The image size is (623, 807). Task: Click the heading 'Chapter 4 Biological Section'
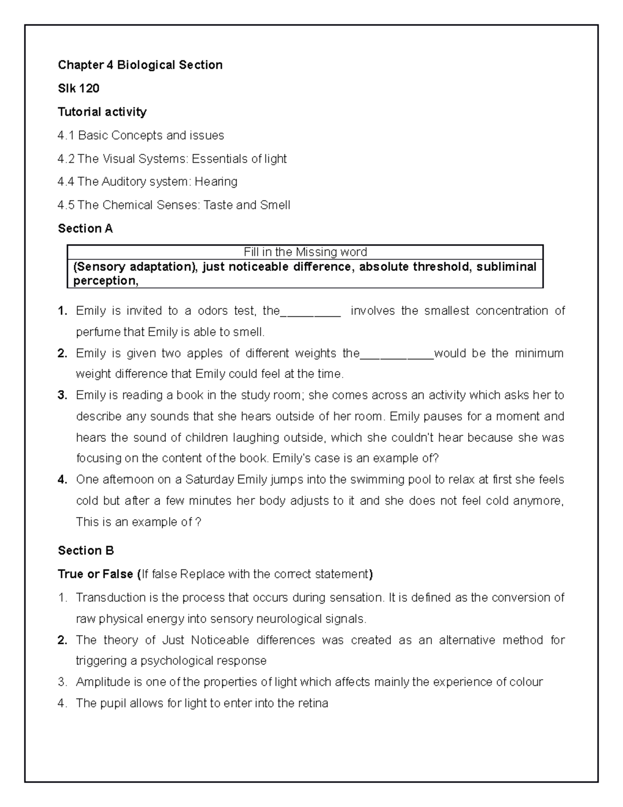pos(140,65)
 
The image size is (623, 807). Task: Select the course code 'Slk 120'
pos(78,88)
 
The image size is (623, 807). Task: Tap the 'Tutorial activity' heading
pos(102,112)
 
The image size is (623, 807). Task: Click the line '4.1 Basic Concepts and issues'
pos(141,135)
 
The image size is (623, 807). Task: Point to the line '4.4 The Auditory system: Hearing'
pos(147,181)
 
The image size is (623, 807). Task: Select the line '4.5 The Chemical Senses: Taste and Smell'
pos(174,205)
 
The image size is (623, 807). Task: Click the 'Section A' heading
pos(85,229)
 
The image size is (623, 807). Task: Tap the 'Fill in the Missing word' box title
pos(305,252)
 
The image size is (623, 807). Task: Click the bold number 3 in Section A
pos(62,395)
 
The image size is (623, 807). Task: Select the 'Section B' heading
pos(86,551)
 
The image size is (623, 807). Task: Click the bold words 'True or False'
pos(96,574)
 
